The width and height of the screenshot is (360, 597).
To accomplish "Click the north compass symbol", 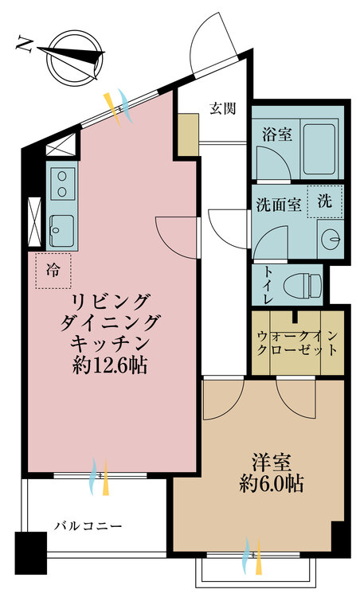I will tap(71, 59).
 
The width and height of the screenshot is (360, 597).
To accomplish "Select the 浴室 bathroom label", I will tap(276, 134).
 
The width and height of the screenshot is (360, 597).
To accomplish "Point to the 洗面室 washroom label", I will tap(278, 205).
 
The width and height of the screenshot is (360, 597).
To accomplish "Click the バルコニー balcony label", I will tap(88, 527).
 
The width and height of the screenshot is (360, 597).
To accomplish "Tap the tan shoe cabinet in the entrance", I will tap(188, 135).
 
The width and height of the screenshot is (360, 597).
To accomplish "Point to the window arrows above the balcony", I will tap(99, 476).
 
